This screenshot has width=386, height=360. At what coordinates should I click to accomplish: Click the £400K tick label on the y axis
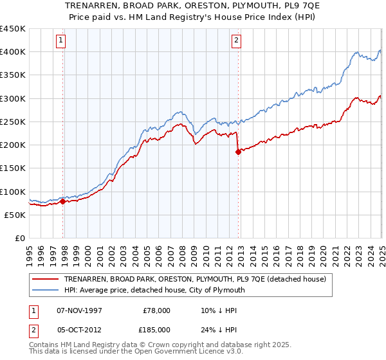tap(13, 52)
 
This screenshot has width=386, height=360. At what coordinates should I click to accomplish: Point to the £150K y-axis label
tap(13, 168)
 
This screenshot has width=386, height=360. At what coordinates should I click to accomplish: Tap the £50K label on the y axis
tap(15, 215)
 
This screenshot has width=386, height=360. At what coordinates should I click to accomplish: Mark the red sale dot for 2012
tap(238, 152)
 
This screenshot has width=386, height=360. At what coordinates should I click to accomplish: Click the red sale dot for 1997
tap(62, 202)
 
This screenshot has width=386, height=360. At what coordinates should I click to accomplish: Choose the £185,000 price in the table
tap(156, 329)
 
